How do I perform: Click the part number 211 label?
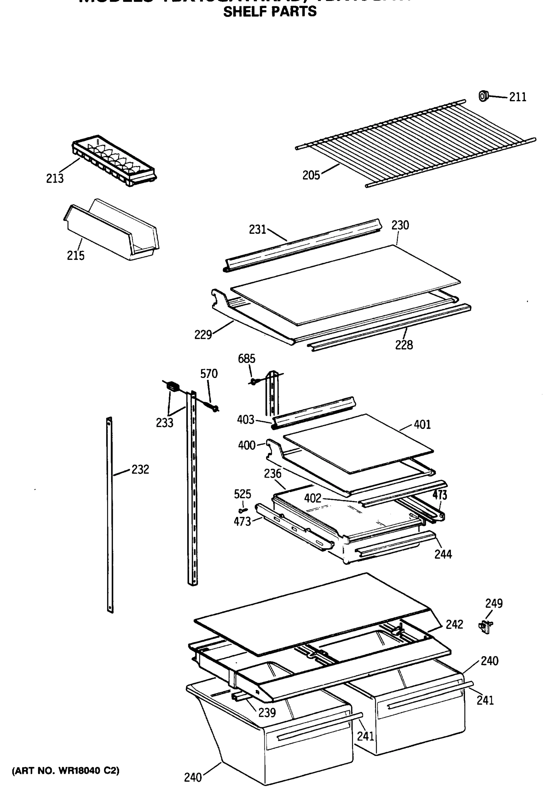click(x=517, y=97)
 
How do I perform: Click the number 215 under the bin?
click(x=76, y=256)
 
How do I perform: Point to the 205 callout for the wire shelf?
click(x=311, y=175)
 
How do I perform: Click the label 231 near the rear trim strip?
click(x=257, y=229)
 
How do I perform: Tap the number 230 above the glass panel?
click(x=400, y=225)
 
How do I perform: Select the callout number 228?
click(x=404, y=345)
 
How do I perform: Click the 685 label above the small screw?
click(x=246, y=359)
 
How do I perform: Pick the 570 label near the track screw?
click(x=209, y=374)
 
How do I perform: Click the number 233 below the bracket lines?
click(x=164, y=423)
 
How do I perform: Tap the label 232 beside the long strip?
click(x=140, y=469)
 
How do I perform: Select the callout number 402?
click(x=313, y=498)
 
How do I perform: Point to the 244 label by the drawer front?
click(x=443, y=554)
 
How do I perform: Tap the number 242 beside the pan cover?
click(x=454, y=624)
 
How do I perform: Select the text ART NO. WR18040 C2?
click(x=66, y=771)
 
